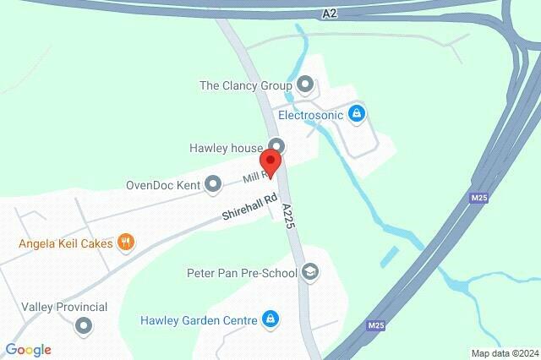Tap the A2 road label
tap(330, 13)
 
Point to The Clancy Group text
tap(245, 85)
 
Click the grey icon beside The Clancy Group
tap(305, 85)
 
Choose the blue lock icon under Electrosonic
tap(357, 113)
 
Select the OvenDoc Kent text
tap(161, 184)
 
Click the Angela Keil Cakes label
tap(66, 243)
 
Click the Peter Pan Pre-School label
tap(242, 273)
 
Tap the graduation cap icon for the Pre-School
tap(310, 272)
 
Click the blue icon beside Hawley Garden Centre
tap(270, 319)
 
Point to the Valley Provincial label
tap(64, 307)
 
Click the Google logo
tap(28, 350)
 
